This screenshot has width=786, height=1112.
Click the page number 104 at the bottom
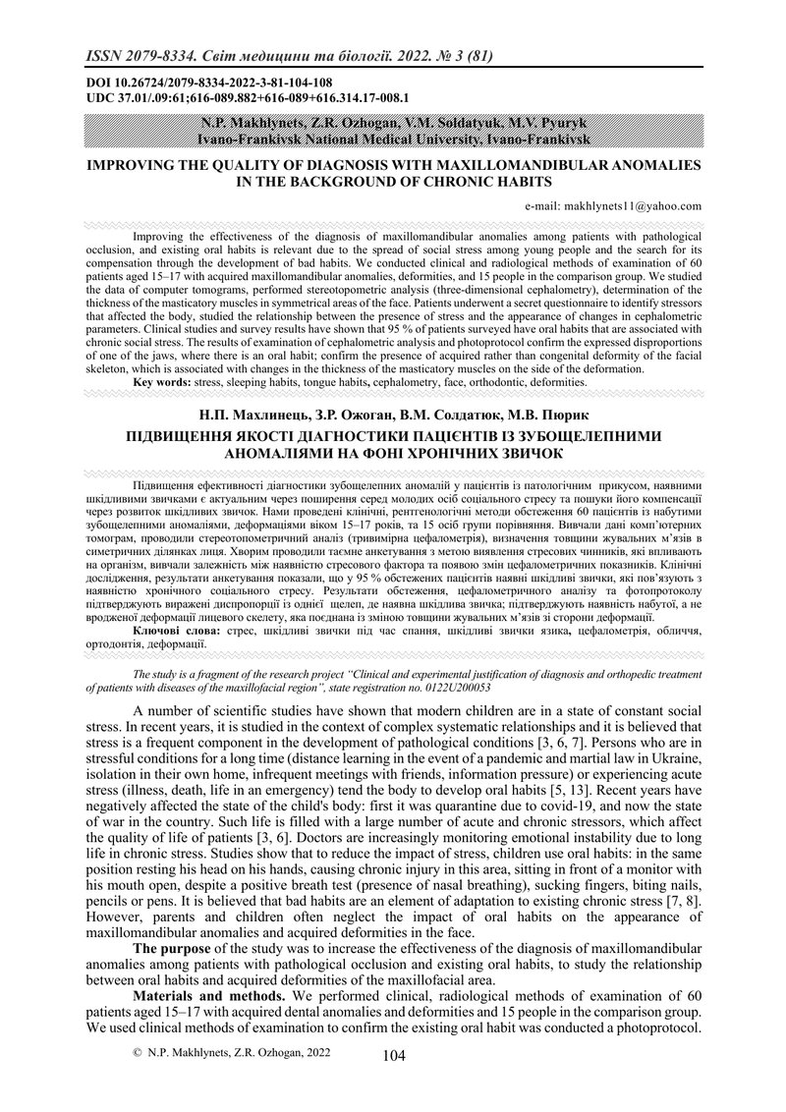[393, 1056]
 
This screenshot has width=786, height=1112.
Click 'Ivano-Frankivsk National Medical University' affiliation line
[393, 140]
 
